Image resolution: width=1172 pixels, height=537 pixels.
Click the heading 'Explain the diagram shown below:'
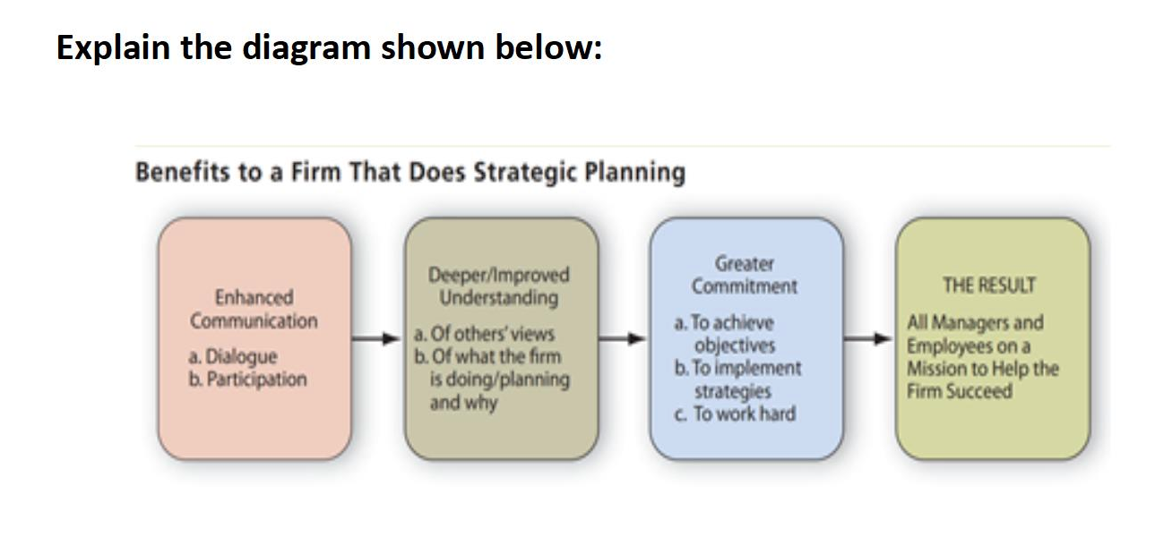coord(329,48)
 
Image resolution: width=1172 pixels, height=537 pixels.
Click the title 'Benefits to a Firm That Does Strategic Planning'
coord(410,172)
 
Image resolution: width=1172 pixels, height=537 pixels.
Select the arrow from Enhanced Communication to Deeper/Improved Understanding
coord(375,338)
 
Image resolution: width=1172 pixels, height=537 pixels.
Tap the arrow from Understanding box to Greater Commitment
coord(622,338)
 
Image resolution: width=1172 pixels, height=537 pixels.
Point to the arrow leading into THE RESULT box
coord(867,338)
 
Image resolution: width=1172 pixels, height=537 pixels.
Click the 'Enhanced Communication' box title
coord(254,309)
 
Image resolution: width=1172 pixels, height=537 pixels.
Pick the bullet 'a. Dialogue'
coord(233,356)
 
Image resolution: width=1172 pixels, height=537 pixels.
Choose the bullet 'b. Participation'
coord(247,379)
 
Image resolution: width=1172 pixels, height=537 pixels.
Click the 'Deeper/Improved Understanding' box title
coord(498,286)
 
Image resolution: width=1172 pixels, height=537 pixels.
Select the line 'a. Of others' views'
coord(484,333)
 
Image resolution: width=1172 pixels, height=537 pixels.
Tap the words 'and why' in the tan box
coord(463,403)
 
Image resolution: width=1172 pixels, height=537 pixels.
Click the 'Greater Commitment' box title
coord(745,275)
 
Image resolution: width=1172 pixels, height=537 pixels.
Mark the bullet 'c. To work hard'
coord(735,413)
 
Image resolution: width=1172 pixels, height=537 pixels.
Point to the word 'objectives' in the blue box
coord(735,345)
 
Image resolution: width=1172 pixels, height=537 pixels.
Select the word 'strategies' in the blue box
coord(733,391)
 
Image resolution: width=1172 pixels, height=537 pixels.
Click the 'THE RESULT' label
coord(989,286)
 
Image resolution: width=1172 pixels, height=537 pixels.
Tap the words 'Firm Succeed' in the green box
coord(960,391)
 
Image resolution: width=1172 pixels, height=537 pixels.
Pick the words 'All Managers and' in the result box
coord(975,322)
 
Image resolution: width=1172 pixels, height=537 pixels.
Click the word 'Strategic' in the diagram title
coord(525,173)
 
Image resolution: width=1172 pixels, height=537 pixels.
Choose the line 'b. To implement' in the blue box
coord(737,368)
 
